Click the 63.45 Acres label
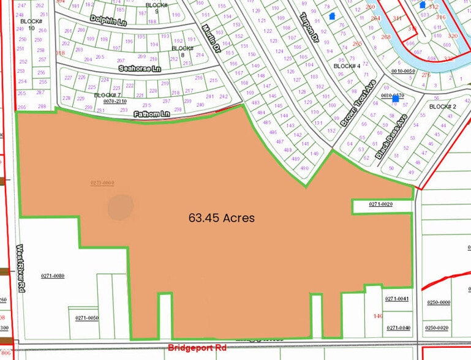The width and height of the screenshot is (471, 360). (221, 217)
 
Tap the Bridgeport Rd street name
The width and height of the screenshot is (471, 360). (197, 348)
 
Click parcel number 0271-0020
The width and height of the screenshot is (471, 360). (380, 204)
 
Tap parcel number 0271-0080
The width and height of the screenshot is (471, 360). (53, 276)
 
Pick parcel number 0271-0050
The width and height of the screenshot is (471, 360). (87, 318)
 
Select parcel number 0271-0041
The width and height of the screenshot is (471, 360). (396, 299)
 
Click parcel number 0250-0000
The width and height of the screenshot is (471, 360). (438, 302)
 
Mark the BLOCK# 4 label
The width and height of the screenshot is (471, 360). (346, 66)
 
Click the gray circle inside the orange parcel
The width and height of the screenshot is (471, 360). (120, 207)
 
